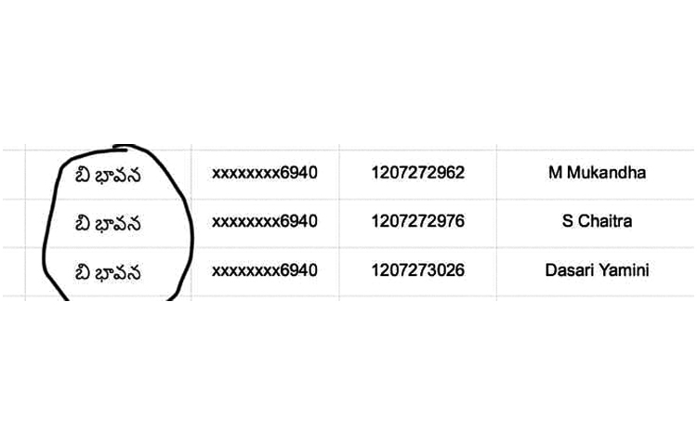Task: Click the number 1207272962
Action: (418, 172)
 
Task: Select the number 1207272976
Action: (418, 221)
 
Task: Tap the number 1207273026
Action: (418, 269)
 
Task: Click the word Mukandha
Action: (606, 172)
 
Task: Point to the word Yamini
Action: (624, 269)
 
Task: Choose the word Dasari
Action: (569, 269)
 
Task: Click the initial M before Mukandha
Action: (556, 172)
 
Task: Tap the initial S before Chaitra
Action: (568, 221)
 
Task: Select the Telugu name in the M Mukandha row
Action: (108, 175)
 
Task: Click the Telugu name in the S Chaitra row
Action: (108, 223)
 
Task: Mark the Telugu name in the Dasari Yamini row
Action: (108, 272)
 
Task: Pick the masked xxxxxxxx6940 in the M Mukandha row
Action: (265, 172)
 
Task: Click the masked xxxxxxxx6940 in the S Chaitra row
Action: (265, 221)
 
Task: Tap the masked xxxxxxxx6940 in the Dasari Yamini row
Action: (265, 269)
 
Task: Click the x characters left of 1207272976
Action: (246, 222)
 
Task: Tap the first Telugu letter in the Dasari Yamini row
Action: (83, 272)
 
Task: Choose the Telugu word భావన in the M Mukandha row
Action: (119, 175)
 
